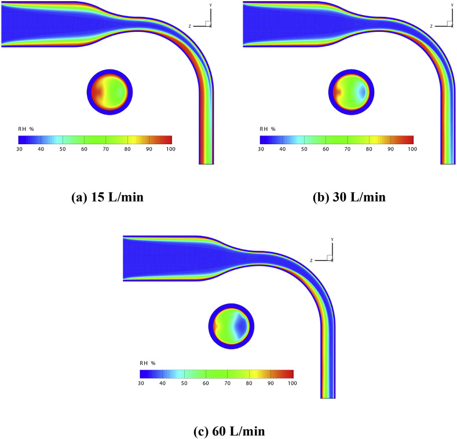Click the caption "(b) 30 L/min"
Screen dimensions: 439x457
(347, 197)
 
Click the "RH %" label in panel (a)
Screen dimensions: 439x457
(25, 129)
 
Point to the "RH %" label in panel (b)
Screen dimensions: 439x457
(267, 129)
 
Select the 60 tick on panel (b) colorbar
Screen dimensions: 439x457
(326, 149)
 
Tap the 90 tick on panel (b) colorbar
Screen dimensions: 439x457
(390, 149)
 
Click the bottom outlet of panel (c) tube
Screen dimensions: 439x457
(328, 396)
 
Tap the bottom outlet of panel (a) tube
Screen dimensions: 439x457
(206, 163)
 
